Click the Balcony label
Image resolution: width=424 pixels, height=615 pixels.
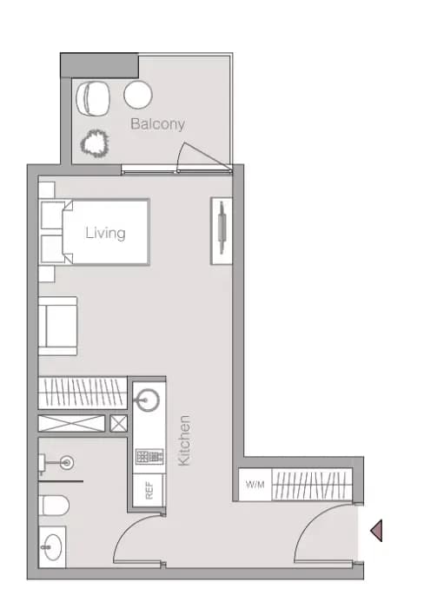pos(157,124)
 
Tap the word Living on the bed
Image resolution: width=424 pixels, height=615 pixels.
pos(105,233)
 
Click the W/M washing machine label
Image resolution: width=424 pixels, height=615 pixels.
pos(255,485)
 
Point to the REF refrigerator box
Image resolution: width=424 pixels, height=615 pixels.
pos(149,490)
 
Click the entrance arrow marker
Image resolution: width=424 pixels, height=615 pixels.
pos(376,530)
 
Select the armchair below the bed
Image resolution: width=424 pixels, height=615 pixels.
pos(58,325)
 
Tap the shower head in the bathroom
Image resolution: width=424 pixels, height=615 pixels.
pos(64,462)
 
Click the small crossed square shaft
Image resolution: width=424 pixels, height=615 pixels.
pos(118,424)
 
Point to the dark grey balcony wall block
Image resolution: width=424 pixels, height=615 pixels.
pos(99,64)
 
